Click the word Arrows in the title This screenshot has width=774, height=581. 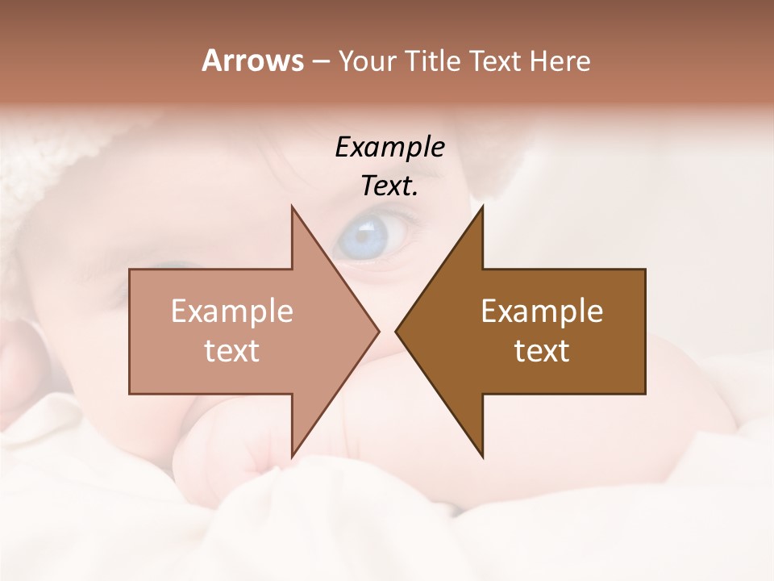(252, 61)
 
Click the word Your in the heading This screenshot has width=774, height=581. (364, 61)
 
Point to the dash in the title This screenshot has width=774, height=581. (320, 61)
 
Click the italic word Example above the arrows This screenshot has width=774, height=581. (389, 147)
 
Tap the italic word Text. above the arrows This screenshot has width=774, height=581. (389, 186)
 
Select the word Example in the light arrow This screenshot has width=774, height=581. (232, 311)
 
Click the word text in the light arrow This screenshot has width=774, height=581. (232, 350)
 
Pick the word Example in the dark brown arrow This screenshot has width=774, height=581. (542, 311)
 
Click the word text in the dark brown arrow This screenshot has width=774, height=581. (542, 350)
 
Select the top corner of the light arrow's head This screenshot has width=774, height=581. (292, 207)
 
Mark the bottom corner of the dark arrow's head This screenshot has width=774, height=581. (482, 457)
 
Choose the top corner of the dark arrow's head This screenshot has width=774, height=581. (482, 207)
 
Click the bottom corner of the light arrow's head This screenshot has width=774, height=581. (292, 457)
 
